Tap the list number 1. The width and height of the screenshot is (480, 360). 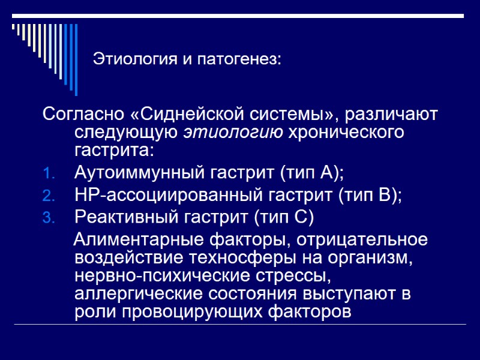coord(49,175)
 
